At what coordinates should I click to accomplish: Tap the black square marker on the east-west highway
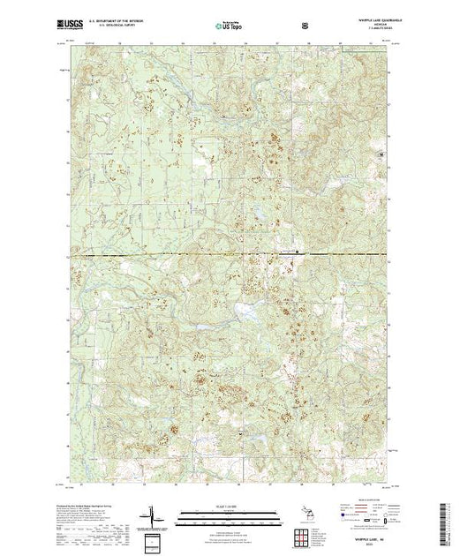[297, 253]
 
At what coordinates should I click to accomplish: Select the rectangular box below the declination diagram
[156, 538]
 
